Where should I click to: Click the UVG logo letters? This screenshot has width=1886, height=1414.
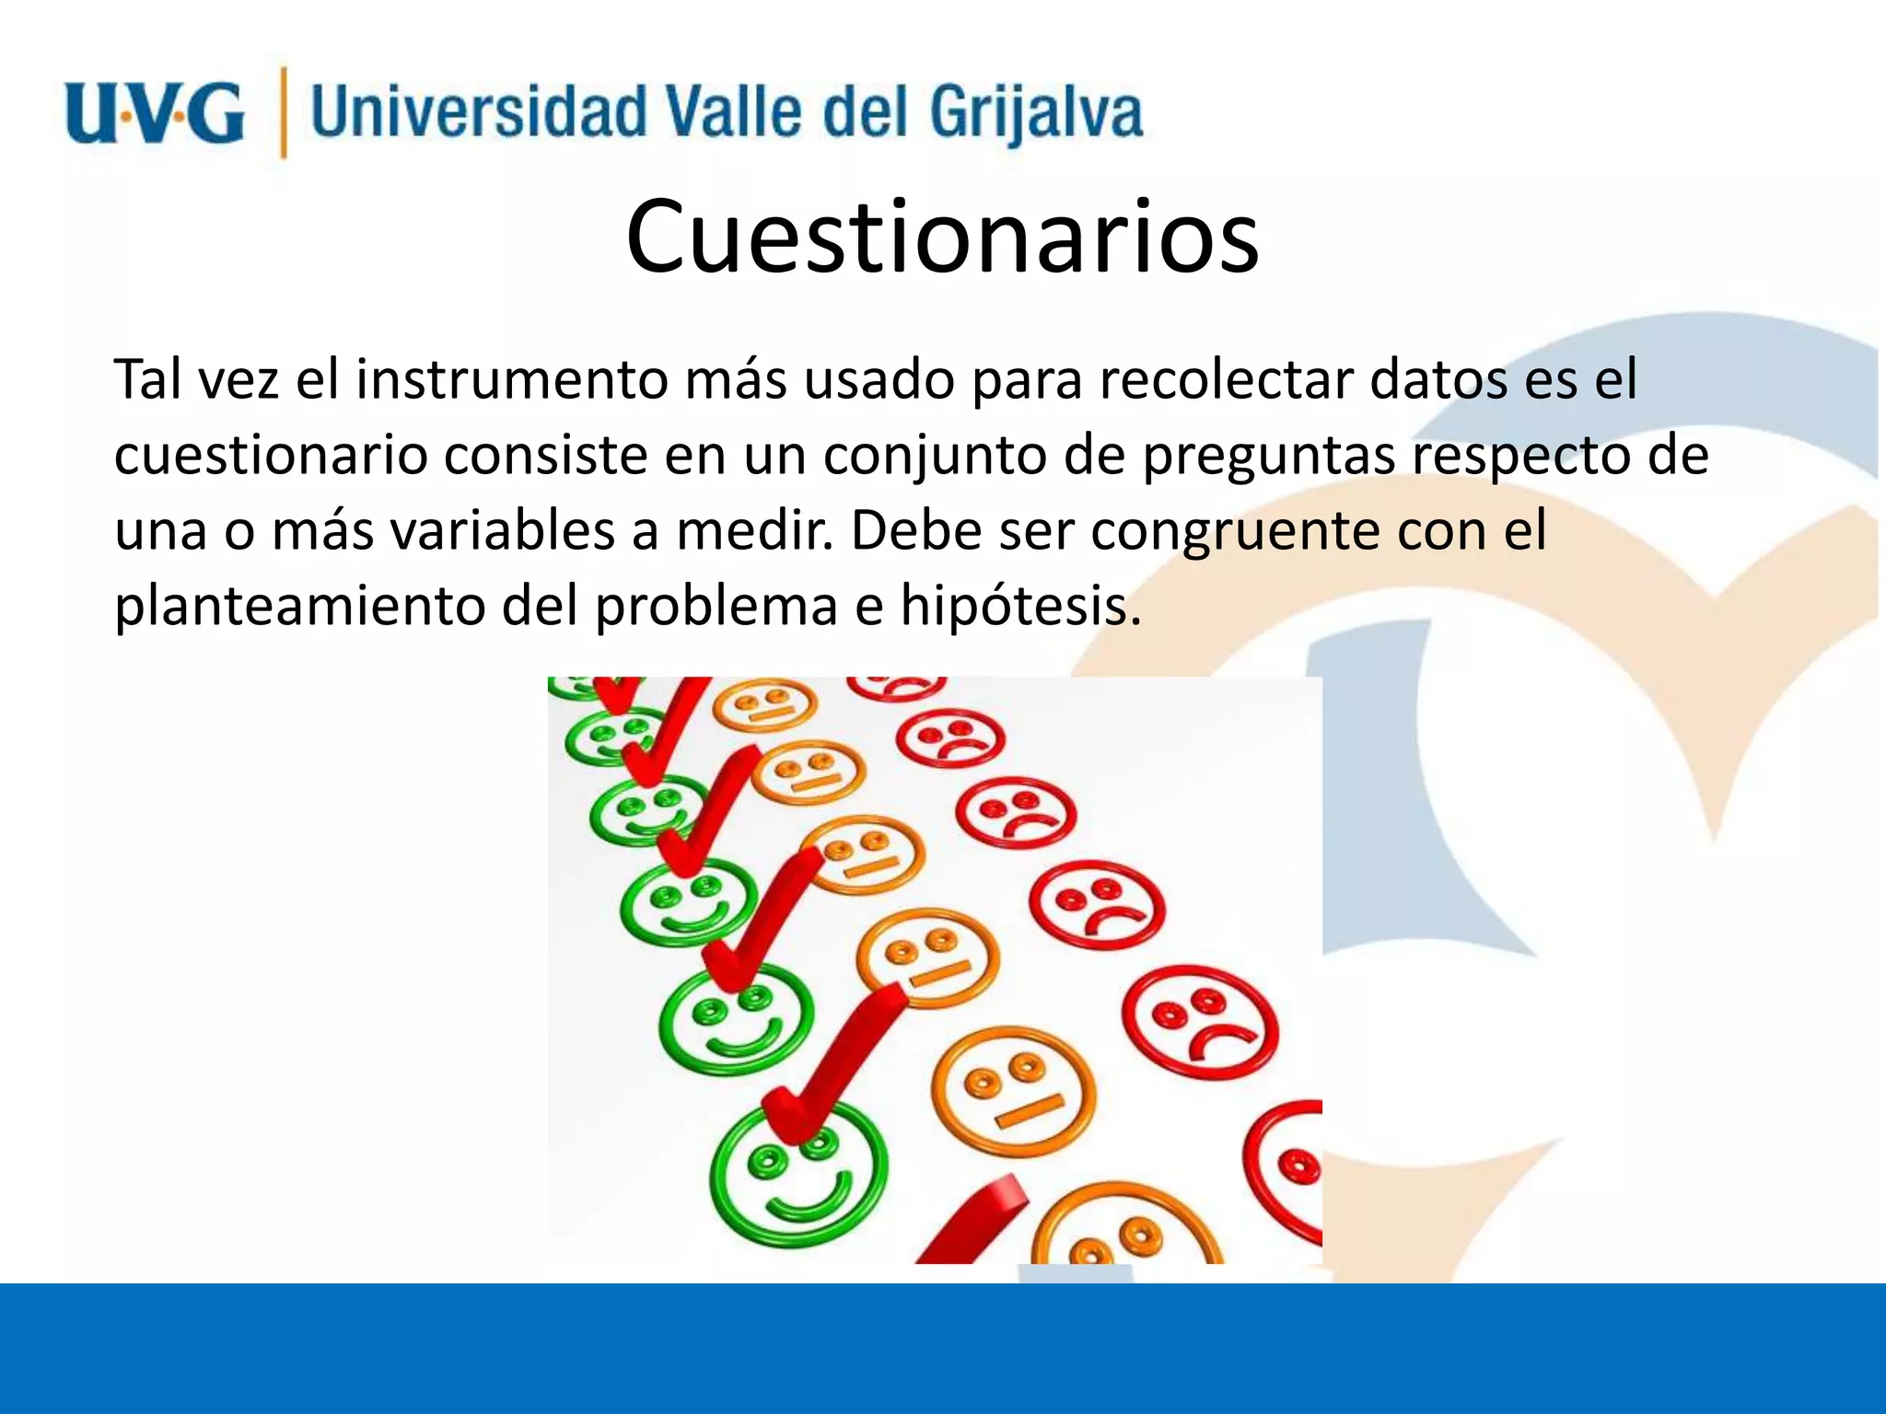click(x=155, y=112)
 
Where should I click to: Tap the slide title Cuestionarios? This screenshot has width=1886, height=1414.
click(x=942, y=237)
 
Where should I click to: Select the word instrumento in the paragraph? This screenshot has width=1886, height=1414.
click(x=512, y=379)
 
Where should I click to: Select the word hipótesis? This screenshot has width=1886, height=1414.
click(x=1020, y=606)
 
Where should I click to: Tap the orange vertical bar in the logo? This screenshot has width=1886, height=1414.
click(x=284, y=112)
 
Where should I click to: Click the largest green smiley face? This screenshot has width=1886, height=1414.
click(x=799, y=1176)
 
